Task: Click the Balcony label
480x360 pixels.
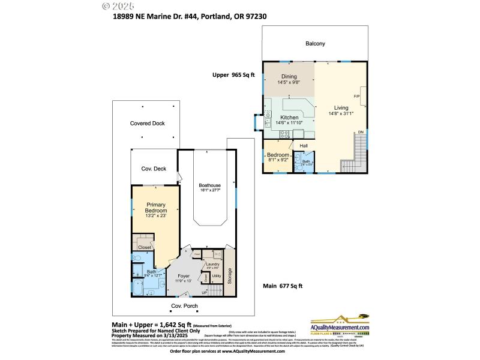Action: point(315,43)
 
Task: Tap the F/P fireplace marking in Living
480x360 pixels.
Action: point(356,96)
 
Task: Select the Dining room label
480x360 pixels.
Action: point(290,76)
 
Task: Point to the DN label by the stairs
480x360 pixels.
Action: point(361,132)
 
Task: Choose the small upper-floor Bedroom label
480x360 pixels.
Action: point(278,155)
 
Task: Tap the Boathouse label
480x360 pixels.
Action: point(211,186)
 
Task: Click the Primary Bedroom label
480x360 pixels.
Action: point(155,208)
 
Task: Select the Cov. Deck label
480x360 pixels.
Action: point(154,169)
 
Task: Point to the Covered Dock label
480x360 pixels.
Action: point(147,123)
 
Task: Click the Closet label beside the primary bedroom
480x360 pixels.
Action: point(145,247)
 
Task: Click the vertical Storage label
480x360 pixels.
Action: point(229,277)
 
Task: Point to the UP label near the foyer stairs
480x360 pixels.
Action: point(205,292)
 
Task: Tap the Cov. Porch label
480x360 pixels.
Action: point(184,306)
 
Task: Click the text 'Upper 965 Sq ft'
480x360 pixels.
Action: point(234,75)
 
